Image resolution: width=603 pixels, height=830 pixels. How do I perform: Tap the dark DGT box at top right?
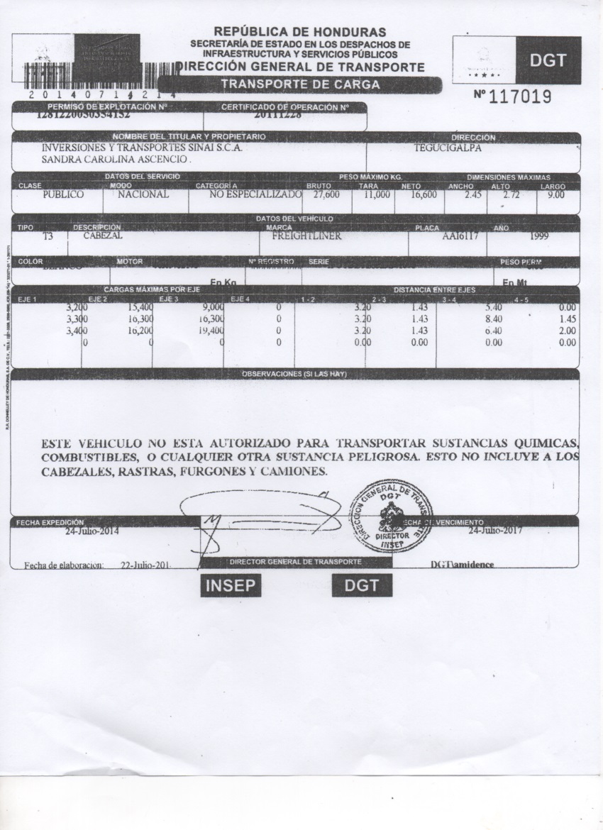tap(548, 60)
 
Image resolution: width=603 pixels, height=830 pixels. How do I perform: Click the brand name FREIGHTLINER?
tap(303, 236)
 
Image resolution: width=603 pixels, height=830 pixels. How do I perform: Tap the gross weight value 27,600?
tap(326, 194)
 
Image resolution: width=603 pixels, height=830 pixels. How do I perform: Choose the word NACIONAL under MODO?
tap(143, 194)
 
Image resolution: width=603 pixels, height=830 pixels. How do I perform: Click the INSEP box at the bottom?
tap(229, 585)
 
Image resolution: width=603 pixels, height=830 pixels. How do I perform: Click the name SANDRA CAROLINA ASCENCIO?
tap(117, 160)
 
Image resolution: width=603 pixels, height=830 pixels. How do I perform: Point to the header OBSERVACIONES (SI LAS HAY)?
tap(294, 373)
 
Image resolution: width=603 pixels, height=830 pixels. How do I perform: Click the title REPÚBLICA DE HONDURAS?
tap(300, 32)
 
